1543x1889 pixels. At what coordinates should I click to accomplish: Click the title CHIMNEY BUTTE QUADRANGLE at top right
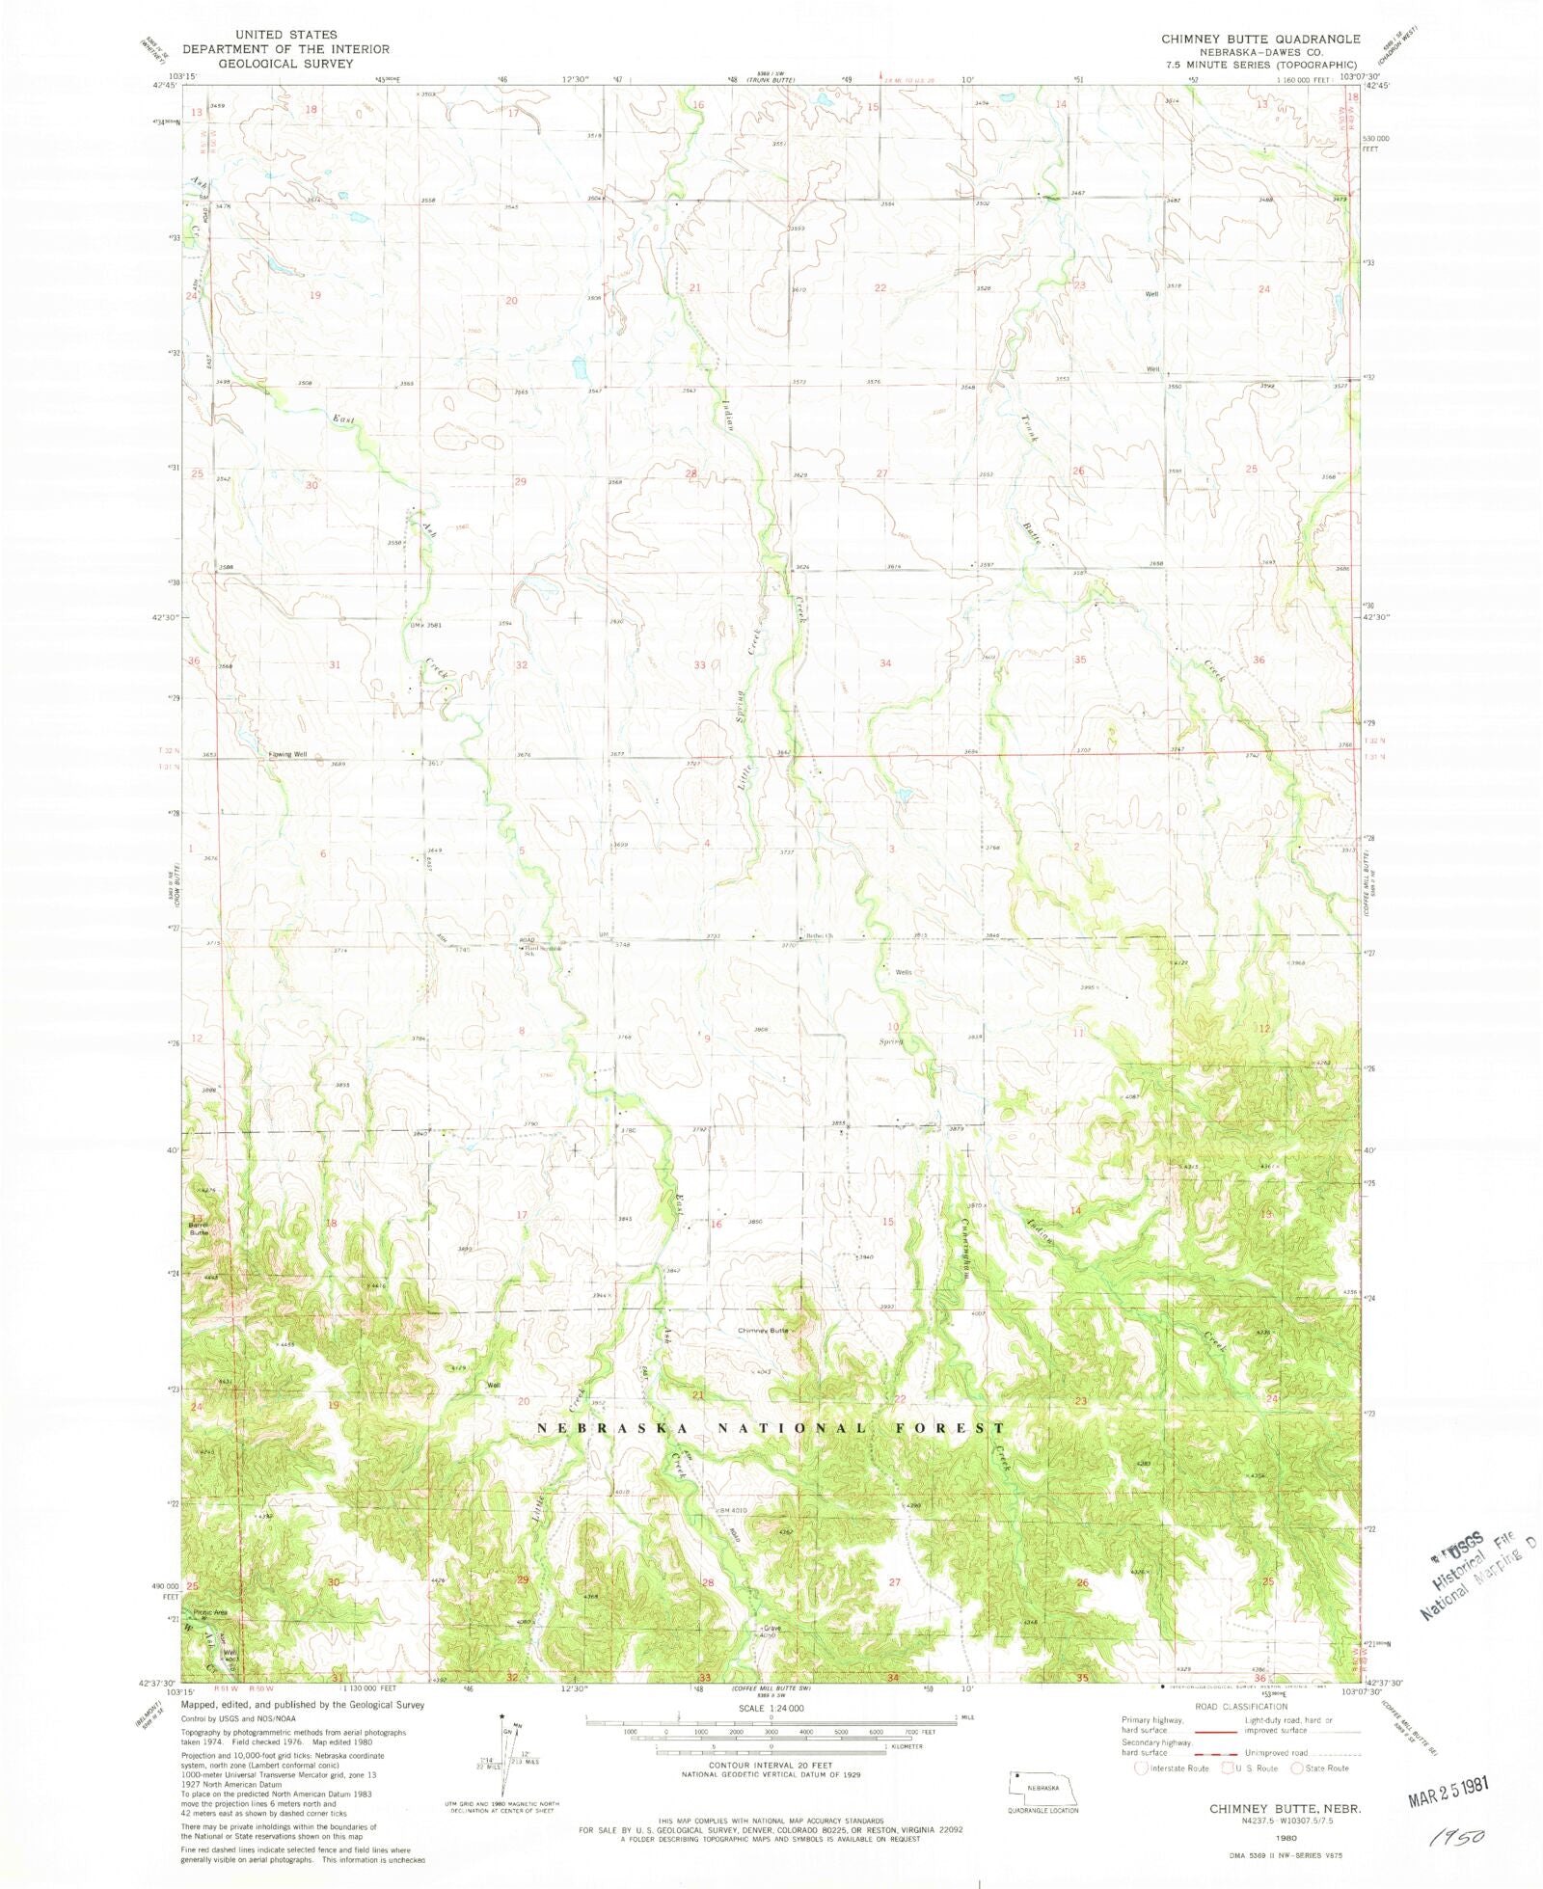[1260, 40]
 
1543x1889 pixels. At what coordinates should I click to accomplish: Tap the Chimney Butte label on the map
[763, 1331]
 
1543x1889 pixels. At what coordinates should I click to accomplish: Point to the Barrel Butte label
[198, 1228]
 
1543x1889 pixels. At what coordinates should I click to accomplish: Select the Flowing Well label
[287, 755]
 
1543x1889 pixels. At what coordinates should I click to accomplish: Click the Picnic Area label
[209, 1612]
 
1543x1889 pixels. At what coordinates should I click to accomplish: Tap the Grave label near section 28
[771, 1629]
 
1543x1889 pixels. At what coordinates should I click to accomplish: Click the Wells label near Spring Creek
[903, 972]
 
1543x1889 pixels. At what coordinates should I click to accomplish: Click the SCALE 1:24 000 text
[771, 1708]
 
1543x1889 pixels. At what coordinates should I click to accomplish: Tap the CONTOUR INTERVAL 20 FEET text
[771, 1766]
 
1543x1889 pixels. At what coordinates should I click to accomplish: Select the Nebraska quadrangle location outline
[1043, 1790]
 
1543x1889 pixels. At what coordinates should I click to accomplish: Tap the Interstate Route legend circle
[1141, 1768]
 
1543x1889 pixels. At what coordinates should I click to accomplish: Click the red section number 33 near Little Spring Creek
[700, 665]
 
